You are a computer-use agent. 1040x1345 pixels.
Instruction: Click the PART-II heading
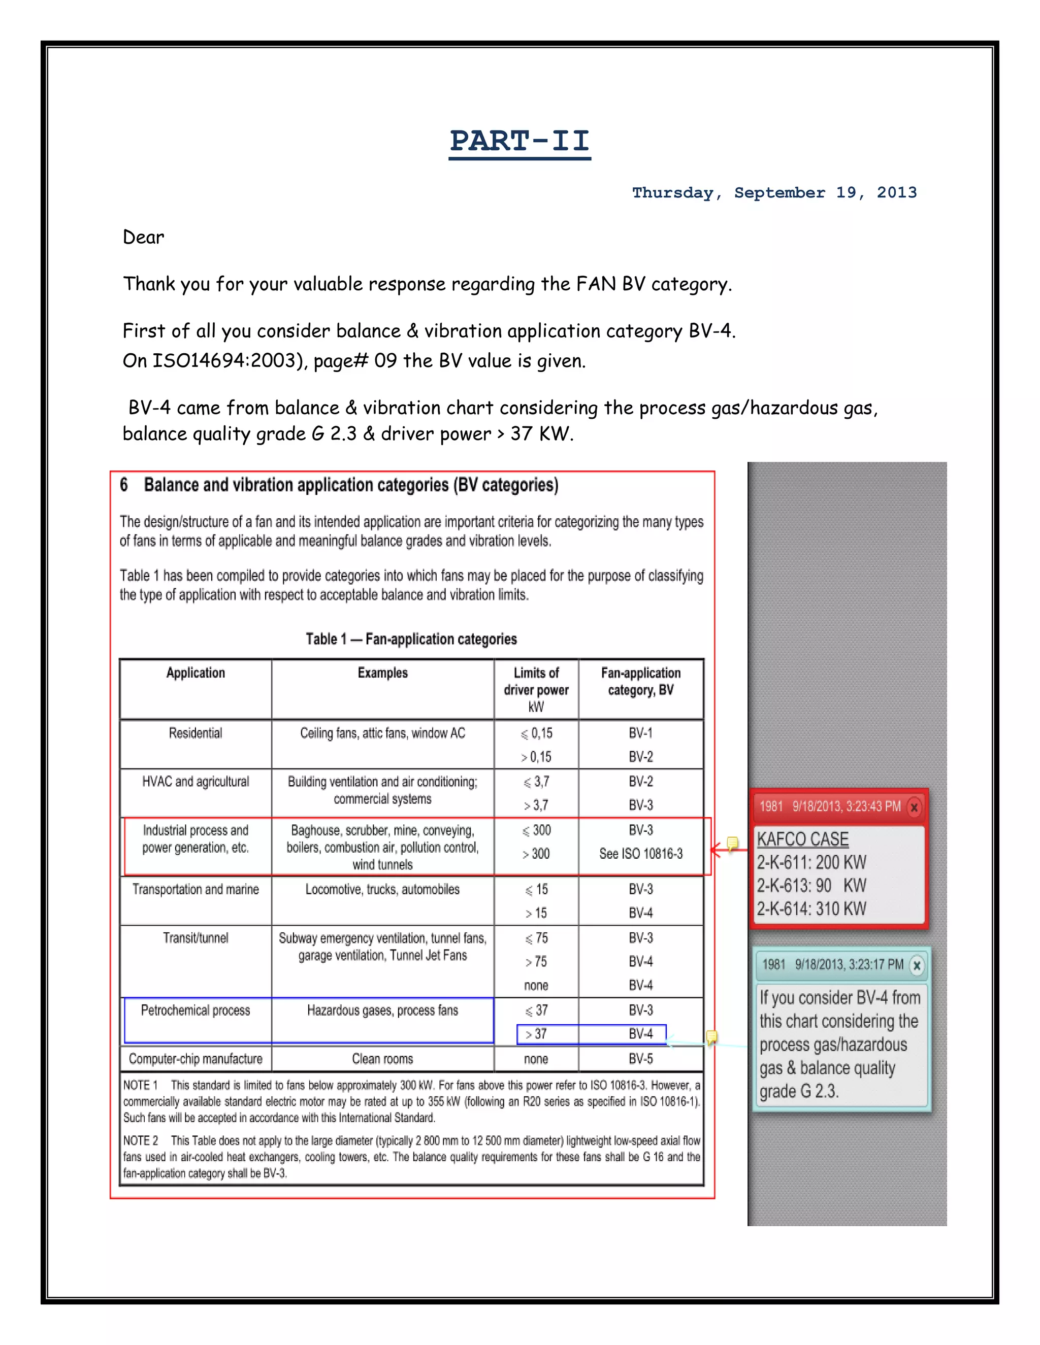tap(519, 141)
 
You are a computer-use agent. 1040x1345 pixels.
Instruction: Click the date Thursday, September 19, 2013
tap(774, 193)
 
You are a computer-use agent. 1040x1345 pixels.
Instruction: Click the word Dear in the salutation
tap(143, 237)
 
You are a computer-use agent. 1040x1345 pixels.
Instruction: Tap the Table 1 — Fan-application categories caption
tap(411, 638)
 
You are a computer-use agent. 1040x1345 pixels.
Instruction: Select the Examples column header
tap(382, 672)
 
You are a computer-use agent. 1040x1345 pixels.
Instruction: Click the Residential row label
tap(196, 733)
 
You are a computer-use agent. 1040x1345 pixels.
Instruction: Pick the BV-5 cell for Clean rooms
tap(640, 1059)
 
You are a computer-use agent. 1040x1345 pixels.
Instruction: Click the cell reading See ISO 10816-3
tap(640, 854)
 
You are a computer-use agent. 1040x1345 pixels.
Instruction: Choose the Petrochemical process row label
tap(196, 1010)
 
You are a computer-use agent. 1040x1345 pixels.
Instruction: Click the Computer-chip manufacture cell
tap(196, 1059)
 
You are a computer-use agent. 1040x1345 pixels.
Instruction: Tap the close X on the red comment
tap(914, 807)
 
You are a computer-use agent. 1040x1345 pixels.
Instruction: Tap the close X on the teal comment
tap(916, 965)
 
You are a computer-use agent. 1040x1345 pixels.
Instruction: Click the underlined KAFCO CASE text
tap(802, 839)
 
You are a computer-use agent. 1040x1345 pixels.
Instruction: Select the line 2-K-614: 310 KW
tap(811, 909)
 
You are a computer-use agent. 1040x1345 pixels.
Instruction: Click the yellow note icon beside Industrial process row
tap(732, 843)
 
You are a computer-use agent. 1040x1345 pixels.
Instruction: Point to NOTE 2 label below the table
tap(141, 1140)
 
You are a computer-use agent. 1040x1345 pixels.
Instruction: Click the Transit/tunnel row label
tap(196, 938)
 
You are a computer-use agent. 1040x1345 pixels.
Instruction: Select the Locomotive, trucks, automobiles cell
tap(382, 889)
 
